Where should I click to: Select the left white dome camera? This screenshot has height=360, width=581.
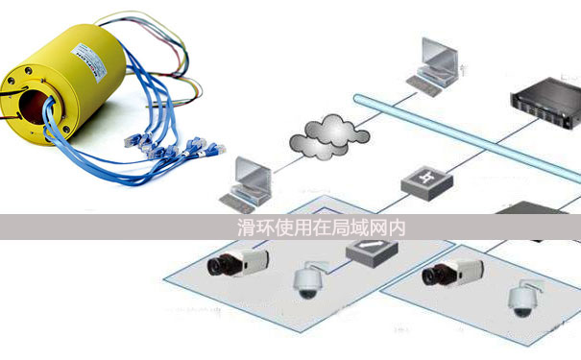coord(307,281)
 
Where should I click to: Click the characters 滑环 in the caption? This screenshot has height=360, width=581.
coord(252,228)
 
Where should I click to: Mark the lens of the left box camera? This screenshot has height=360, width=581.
coord(216,263)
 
